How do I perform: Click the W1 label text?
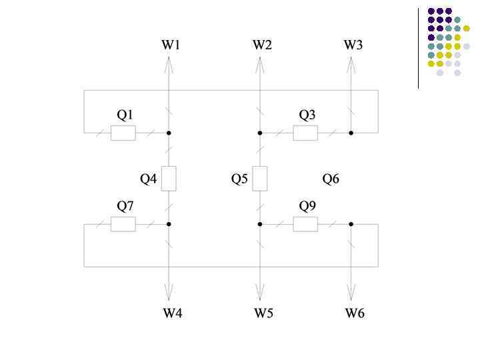(171, 45)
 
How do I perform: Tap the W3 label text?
(353, 45)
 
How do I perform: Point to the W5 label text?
(263, 313)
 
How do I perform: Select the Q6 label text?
(331, 179)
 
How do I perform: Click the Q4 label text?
(149, 179)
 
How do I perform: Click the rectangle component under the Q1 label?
(123, 133)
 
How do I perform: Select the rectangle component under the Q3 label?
(305, 133)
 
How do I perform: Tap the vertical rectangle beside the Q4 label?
(169, 179)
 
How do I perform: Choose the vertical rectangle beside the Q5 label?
(260, 179)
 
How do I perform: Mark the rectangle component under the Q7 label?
(123, 225)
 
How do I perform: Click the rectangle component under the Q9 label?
(305, 225)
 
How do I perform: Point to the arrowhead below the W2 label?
(260, 65)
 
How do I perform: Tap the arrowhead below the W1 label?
(169, 65)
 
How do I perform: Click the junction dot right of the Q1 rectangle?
(169, 133)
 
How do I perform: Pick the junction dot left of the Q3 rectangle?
(260, 133)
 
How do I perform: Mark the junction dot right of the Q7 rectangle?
(169, 225)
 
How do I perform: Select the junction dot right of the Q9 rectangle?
(351, 225)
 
